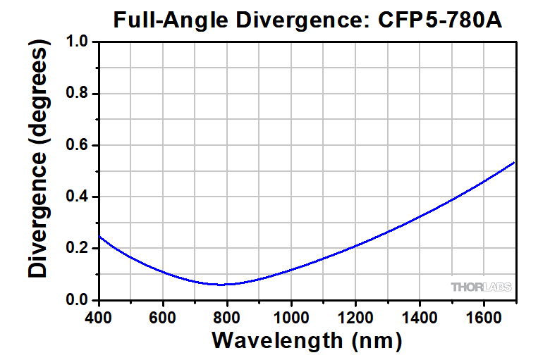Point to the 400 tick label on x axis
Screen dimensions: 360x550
click(99, 316)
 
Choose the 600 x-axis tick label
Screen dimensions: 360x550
click(163, 316)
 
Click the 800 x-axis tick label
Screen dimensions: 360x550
click(227, 316)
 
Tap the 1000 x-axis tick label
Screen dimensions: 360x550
click(291, 316)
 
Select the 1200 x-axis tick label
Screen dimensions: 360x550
click(355, 316)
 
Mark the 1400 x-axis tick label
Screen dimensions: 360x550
click(420, 316)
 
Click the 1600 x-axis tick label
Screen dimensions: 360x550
click(484, 316)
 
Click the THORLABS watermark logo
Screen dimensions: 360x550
click(482, 287)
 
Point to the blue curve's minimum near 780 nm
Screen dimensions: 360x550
click(221, 285)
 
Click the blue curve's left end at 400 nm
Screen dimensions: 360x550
click(99, 237)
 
